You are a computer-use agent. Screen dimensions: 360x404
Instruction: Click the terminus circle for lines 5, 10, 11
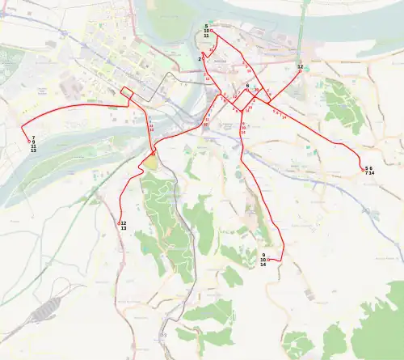pyautogui.click(x=211, y=31)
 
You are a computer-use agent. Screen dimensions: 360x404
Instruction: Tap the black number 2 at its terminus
pyautogui.click(x=199, y=58)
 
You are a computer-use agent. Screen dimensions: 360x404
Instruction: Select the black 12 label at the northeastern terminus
pyautogui.click(x=300, y=66)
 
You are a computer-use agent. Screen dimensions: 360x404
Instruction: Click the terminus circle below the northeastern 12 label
pyautogui.click(x=300, y=71)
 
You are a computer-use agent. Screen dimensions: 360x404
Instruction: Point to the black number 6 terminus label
pyautogui.click(x=246, y=85)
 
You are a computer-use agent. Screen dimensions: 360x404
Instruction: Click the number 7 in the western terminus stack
pyautogui.click(x=33, y=138)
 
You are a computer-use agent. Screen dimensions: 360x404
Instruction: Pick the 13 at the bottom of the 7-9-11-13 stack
pyautogui.click(x=33, y=151)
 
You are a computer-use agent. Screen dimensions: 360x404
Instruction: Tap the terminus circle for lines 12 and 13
pyautogui.click(x=120, y=223)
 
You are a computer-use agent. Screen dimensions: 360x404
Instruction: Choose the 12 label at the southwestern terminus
pyautogui.click(x=123, y=223)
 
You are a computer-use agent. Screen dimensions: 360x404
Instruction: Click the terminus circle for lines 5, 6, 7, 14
pyautogui.click(x=361, y=167)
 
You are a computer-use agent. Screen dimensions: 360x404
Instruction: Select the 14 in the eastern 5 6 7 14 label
pyautogui.click(x=372, y=173)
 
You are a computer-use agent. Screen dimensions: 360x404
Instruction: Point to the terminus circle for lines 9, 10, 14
pyautogui.click(x=268, y=260)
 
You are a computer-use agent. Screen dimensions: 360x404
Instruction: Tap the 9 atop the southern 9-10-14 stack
pyautogui.click(x=263, y=255)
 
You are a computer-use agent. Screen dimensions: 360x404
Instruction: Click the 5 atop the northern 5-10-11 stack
pyautogui.click(x=206, y=26)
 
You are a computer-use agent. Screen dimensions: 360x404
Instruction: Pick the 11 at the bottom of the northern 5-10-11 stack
pyautogui.click(x=206, y=36)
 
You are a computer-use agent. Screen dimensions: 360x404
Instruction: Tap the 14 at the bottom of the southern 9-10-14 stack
pyautogui.click(x=263, y=265)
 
